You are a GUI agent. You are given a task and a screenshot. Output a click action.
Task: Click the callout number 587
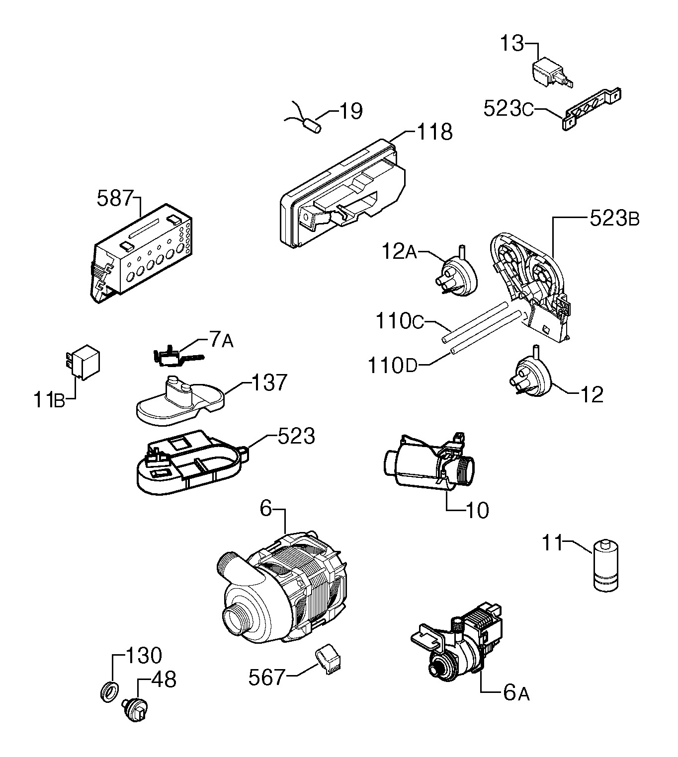coord(115,198)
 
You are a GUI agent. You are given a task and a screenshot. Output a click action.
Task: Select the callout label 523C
coord(508,108)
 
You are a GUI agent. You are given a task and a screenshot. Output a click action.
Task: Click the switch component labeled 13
coord(552,74)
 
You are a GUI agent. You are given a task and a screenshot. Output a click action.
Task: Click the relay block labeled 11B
coord(83,363)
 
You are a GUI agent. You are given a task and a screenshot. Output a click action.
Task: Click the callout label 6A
coord(516,693)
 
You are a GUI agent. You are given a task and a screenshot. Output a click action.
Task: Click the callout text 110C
coord(400,321)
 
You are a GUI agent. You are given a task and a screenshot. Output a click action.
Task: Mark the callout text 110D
coord(393,365)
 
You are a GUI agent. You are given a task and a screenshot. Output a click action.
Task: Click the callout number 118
coord(434,132)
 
